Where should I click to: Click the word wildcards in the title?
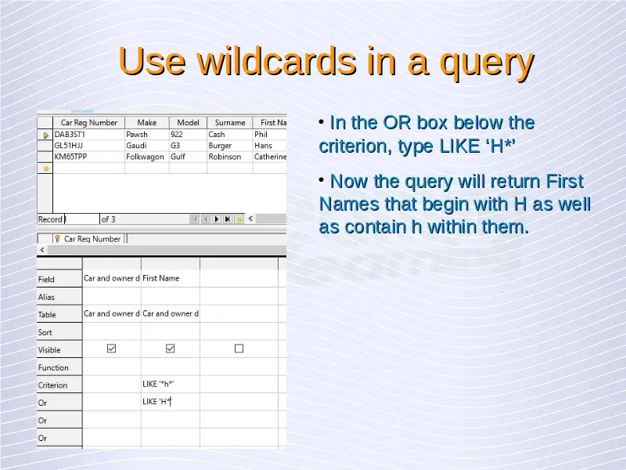[276, 61]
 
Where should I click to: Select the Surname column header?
[230, 123]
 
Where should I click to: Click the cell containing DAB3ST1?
[88, 134]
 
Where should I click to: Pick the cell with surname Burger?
[230, 146]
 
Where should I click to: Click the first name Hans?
[263, 146]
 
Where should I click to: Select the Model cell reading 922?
[188, 134]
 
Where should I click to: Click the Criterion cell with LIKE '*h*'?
[170, 384]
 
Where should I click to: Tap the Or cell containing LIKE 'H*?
[170, 402]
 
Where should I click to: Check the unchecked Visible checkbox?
[239, 349]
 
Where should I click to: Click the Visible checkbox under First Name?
[170, 349]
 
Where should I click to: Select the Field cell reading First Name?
[170, 278]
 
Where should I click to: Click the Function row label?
[53, 367]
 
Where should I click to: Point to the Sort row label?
[45, 332]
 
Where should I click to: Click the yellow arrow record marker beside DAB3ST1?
[45, 135]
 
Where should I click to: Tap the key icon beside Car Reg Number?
[57, 239]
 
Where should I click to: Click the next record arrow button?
[217, 219]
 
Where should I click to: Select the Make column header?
[147, 123]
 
